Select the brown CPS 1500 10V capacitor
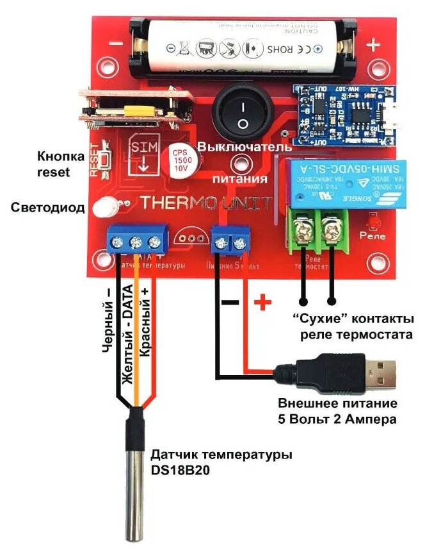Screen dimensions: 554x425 coord(181,162)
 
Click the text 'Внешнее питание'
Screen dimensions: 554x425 coord(337,405)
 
